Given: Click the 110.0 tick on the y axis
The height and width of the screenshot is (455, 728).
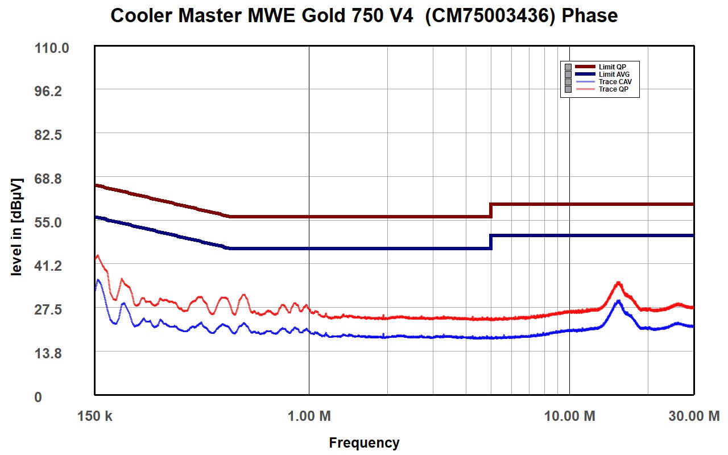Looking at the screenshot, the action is [52, 48].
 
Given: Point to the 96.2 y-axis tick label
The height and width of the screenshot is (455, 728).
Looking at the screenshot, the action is [48, 92].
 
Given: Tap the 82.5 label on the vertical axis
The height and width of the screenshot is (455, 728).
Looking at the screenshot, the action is [48, 135].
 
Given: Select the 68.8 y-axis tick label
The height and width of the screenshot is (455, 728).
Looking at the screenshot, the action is [48, 179].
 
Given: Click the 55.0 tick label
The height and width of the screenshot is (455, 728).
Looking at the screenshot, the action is [48, 222].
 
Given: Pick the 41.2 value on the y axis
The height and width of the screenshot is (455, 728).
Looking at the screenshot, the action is [48, 266].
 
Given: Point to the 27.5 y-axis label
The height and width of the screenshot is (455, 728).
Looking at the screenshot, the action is [48, 309].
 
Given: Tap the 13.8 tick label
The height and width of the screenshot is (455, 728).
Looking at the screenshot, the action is [48, 353].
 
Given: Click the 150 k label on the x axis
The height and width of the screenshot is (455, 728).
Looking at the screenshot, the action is [94, 416].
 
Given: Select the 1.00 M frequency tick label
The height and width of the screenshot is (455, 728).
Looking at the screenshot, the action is [309, 416].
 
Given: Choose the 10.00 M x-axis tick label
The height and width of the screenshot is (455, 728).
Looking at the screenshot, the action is [570, 416].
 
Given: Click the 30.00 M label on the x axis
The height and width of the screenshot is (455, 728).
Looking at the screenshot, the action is [694, 416].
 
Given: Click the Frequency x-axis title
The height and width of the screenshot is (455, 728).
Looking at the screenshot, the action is [364, 443].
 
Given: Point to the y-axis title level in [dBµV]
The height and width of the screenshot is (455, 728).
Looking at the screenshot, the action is [16, 227].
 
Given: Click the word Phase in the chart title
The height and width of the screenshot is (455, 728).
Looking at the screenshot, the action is [590, 15].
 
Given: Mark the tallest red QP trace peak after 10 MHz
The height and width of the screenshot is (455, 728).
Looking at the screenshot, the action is [618, 283].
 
